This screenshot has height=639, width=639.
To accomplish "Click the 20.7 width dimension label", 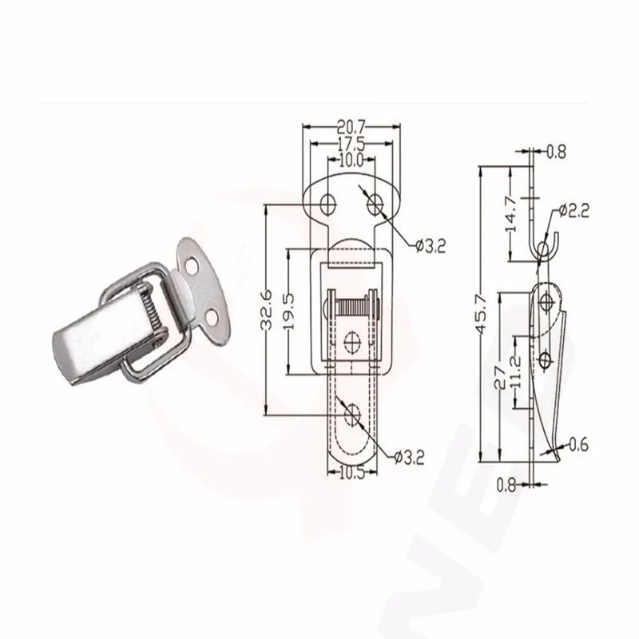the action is [x=351, y=128].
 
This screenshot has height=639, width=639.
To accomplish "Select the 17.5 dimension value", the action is [x=351, y=145].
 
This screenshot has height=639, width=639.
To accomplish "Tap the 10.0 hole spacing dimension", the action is [x=351, y=161].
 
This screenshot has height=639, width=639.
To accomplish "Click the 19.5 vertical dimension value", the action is [x=289, y=312].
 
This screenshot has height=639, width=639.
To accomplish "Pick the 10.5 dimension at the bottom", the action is [x=352, y=473].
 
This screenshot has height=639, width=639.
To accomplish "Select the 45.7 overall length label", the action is [x=482, y=313].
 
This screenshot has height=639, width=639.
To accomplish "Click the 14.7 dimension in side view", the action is [x=510, y=214].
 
